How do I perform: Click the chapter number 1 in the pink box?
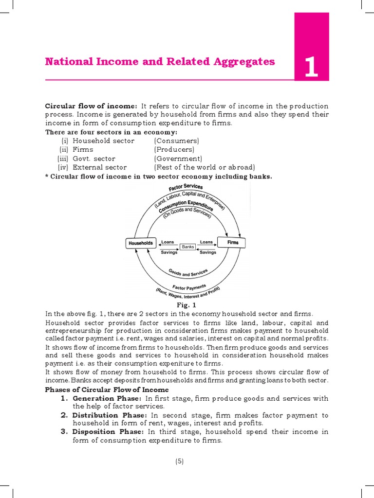[x=311, y=67]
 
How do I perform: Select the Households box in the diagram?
[x=140, y=243]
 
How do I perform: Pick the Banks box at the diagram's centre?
[x=188, y=247]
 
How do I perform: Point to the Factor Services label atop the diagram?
[x=186, y=187]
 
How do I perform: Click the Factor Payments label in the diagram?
[x=189, y=287]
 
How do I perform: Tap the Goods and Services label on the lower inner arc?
[x=188, y=273]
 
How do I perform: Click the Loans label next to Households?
[x=168, y=242]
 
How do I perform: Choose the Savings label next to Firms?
[x=208, y=252]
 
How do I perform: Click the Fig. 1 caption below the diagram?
[x=187, y=305]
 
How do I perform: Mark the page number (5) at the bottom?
[x=179, y=461]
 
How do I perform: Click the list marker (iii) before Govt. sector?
[x=62, y=159]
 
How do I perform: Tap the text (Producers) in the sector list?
[x=174, y=150]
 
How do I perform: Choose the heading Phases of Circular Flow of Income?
[x=107, y=390]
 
